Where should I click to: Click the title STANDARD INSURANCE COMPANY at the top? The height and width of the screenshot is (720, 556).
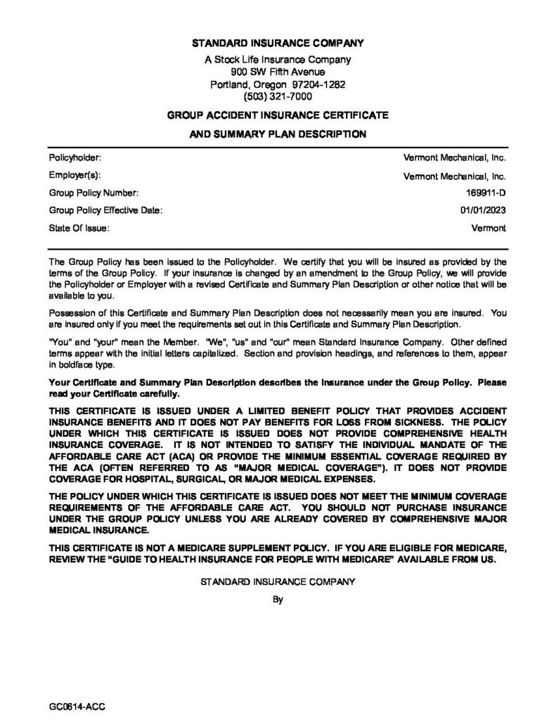pyautogui.click(x=278, y=44)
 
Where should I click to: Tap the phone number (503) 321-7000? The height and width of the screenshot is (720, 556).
pyautogui.click(x=278, y=96)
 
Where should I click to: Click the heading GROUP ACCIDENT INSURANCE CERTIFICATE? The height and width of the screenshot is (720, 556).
pyautogui.click(x=278, y=114)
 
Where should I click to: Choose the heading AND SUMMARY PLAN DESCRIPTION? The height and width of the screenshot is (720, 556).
pyautogui.click(x=278, y=134)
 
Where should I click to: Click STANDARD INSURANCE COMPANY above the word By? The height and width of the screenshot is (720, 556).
pyautogui.click(x=278, y=582)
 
